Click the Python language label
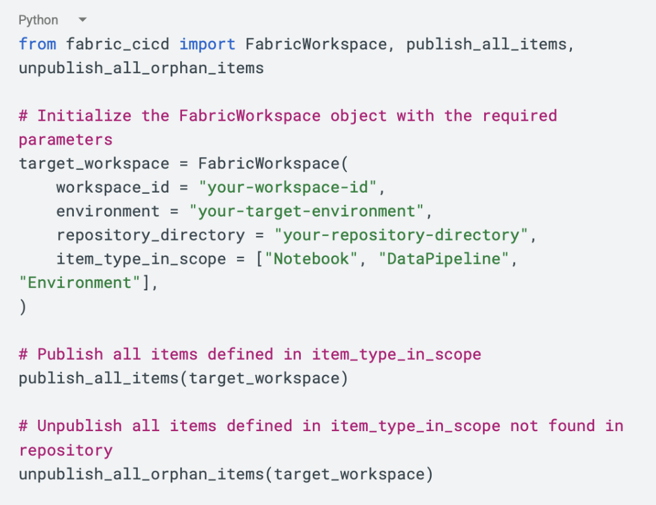point(38,20)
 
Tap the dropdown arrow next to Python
point(83,20)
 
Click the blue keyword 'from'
point(37,44)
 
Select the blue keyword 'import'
point(207,44)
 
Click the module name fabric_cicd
point(118,44)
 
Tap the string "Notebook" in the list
point(310,259)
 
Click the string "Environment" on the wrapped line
point(80,283)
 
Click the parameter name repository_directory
point(150,235)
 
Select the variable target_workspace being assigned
point(94,163)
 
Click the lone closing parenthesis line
point(23,307)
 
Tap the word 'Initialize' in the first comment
point(84,116)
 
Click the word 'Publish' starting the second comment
point(70,354)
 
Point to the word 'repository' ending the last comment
point(66,450)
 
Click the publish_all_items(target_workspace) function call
point(183,378)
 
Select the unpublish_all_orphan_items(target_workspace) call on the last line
point(226,474)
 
